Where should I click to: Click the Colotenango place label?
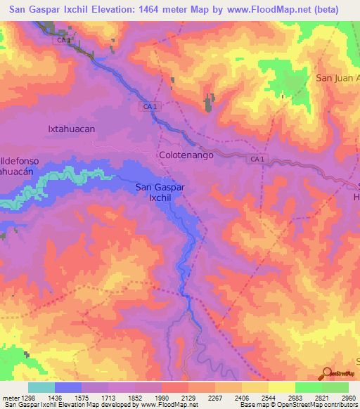[186, 154]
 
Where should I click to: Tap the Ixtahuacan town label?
[71, 129]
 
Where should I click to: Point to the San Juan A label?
[337, 78]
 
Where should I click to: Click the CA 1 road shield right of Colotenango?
[257, 160]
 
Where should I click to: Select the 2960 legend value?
[347, 398]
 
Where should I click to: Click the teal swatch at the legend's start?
[41, 387]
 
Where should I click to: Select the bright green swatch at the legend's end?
[335, 387]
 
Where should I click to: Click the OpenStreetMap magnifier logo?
[328, 373]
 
